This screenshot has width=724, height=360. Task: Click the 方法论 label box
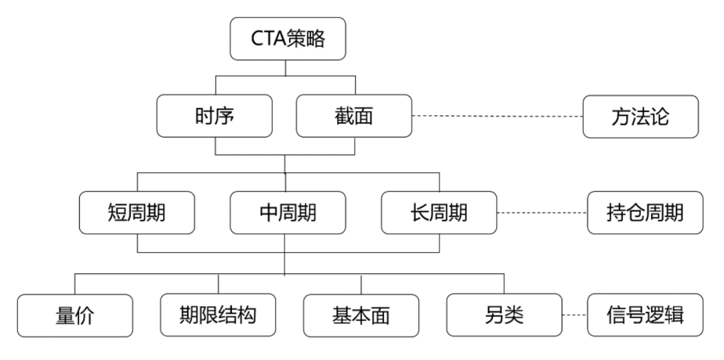click(640, 117)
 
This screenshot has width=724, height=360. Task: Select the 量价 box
click(74, 315)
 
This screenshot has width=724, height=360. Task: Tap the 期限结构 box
click(218, 314)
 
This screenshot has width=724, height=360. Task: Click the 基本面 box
click(361, 315)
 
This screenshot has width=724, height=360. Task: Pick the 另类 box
click(505, 314)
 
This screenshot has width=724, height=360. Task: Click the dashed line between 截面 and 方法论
click(496, 117)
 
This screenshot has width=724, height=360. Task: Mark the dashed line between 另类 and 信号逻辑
click(575, 315)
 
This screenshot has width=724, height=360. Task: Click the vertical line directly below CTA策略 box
click(286, 68)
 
